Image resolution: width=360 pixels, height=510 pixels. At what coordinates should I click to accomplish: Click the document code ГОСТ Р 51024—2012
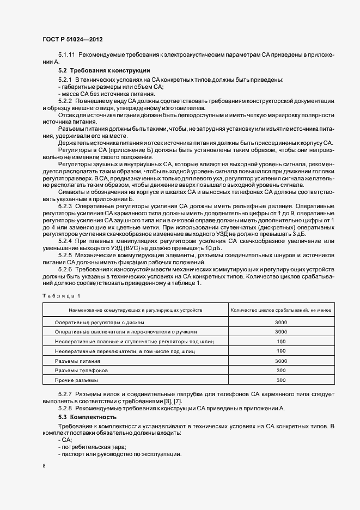point(72,40)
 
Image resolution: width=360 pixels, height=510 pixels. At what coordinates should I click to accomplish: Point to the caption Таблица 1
point(60,295)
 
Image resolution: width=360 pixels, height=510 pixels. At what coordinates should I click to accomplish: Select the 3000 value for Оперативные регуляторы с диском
point(281,322)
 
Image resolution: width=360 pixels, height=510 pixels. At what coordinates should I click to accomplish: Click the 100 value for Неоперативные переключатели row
point(281,351)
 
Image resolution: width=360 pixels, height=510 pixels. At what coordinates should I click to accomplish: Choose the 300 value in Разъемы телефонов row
point(281,371)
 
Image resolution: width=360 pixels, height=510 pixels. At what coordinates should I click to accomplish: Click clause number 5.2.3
point(66,205)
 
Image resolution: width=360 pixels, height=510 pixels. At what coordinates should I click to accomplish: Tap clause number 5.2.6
point(66,269)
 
